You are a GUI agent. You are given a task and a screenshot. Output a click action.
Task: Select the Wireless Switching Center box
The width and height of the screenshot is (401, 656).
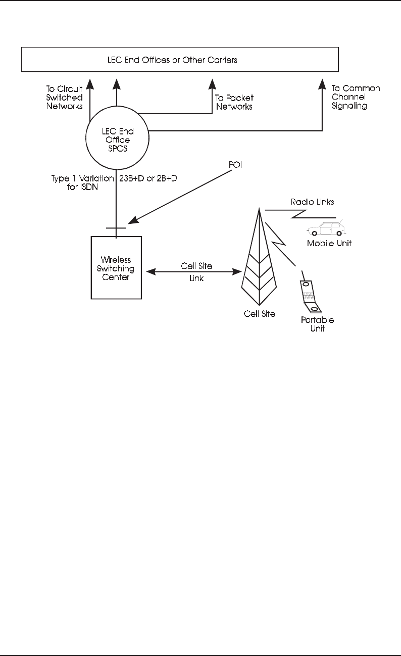point(116,267)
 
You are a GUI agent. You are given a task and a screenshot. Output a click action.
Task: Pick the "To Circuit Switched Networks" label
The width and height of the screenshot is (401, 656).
point(64,98)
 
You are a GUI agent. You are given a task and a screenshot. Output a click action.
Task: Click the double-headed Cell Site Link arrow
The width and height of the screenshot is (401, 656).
point(192,272)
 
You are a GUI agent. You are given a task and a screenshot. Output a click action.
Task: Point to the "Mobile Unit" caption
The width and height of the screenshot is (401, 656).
point(329,243)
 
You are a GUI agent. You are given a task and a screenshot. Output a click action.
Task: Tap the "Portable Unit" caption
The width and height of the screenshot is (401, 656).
point(318,324)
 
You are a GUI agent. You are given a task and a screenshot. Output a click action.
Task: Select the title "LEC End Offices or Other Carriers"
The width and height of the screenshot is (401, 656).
point(179,60)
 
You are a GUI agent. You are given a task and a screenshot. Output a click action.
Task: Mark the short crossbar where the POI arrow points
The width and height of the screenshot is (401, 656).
point(116,227)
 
